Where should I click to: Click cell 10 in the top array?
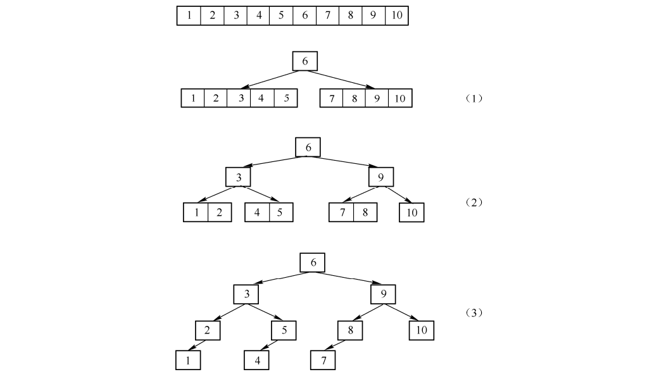coord(396,15)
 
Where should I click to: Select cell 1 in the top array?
coord(189,15)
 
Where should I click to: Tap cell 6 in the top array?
coord(304,15)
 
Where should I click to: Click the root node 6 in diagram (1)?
coord(304,61)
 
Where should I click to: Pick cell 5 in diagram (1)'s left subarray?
coord(286,99)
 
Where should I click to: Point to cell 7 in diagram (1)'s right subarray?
coord(332,99)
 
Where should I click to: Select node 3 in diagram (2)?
coord(239,177)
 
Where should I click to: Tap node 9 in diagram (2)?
coord(380,177)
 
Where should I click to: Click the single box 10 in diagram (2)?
coord(411,213)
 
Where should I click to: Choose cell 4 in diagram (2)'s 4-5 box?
coord(257,213)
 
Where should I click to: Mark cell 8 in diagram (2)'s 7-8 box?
coord(365,213)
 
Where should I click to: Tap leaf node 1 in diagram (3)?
coord(188,360)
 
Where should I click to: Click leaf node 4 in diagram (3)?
coord(256,360)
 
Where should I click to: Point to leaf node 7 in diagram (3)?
coord(323,360)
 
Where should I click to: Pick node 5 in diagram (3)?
coord(284,330)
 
